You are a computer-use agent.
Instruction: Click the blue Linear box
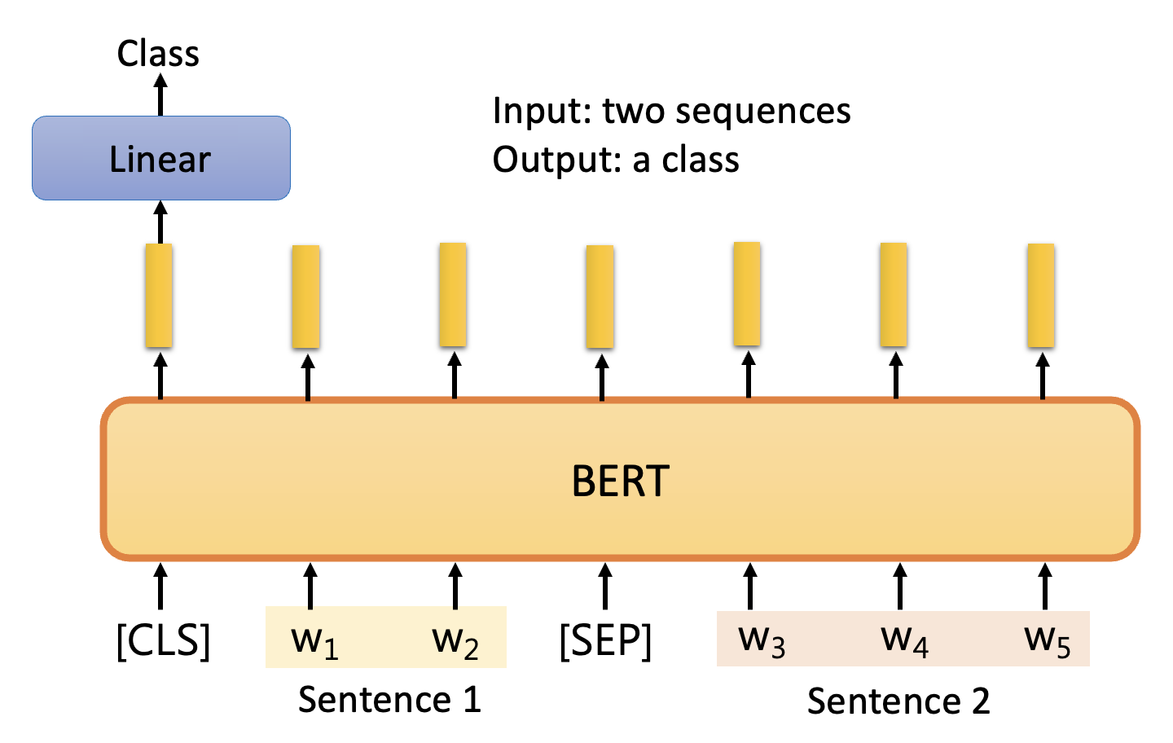(160, 158)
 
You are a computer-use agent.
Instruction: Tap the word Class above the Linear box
(158, 54)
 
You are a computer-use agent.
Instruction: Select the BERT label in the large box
(620, 481)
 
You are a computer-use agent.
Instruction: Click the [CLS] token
(163, 640)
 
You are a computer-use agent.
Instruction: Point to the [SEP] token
(605, 640)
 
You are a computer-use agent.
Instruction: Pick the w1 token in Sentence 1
(314, 640)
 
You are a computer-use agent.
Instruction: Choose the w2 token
(455, 640)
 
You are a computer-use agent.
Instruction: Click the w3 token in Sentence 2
(762, 640)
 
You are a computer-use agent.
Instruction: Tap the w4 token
(904, 640)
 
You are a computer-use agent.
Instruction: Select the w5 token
(1047, 640)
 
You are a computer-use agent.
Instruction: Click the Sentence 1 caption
(389, 700)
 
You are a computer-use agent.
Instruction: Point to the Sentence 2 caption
(898, 701)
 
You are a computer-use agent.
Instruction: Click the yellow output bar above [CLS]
(159, 296)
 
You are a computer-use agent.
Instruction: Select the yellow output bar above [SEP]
(600, 297)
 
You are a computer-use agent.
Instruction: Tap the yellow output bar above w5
(1041, 296)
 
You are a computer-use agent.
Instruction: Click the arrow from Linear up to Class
(160, 95)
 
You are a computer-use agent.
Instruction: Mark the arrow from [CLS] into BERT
(160, 585)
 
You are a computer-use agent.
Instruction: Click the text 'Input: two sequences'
(671, 111)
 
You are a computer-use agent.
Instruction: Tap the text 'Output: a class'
(616, 160)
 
